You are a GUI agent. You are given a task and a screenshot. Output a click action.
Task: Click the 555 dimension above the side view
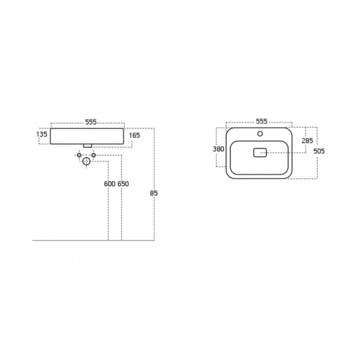91,122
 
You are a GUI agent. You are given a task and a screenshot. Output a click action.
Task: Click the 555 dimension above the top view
261,121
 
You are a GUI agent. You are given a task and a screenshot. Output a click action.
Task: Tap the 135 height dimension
41,134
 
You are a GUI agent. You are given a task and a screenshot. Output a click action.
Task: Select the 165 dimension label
134,135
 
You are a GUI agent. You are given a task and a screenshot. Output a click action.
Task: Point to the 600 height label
109,184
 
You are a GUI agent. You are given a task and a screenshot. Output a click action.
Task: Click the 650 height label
123,184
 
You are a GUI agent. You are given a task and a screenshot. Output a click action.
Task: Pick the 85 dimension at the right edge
154,193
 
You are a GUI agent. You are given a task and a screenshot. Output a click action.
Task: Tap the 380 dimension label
219,149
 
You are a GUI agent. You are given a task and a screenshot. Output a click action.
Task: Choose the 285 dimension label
307,141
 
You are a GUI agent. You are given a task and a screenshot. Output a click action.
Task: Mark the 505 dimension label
319,151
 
